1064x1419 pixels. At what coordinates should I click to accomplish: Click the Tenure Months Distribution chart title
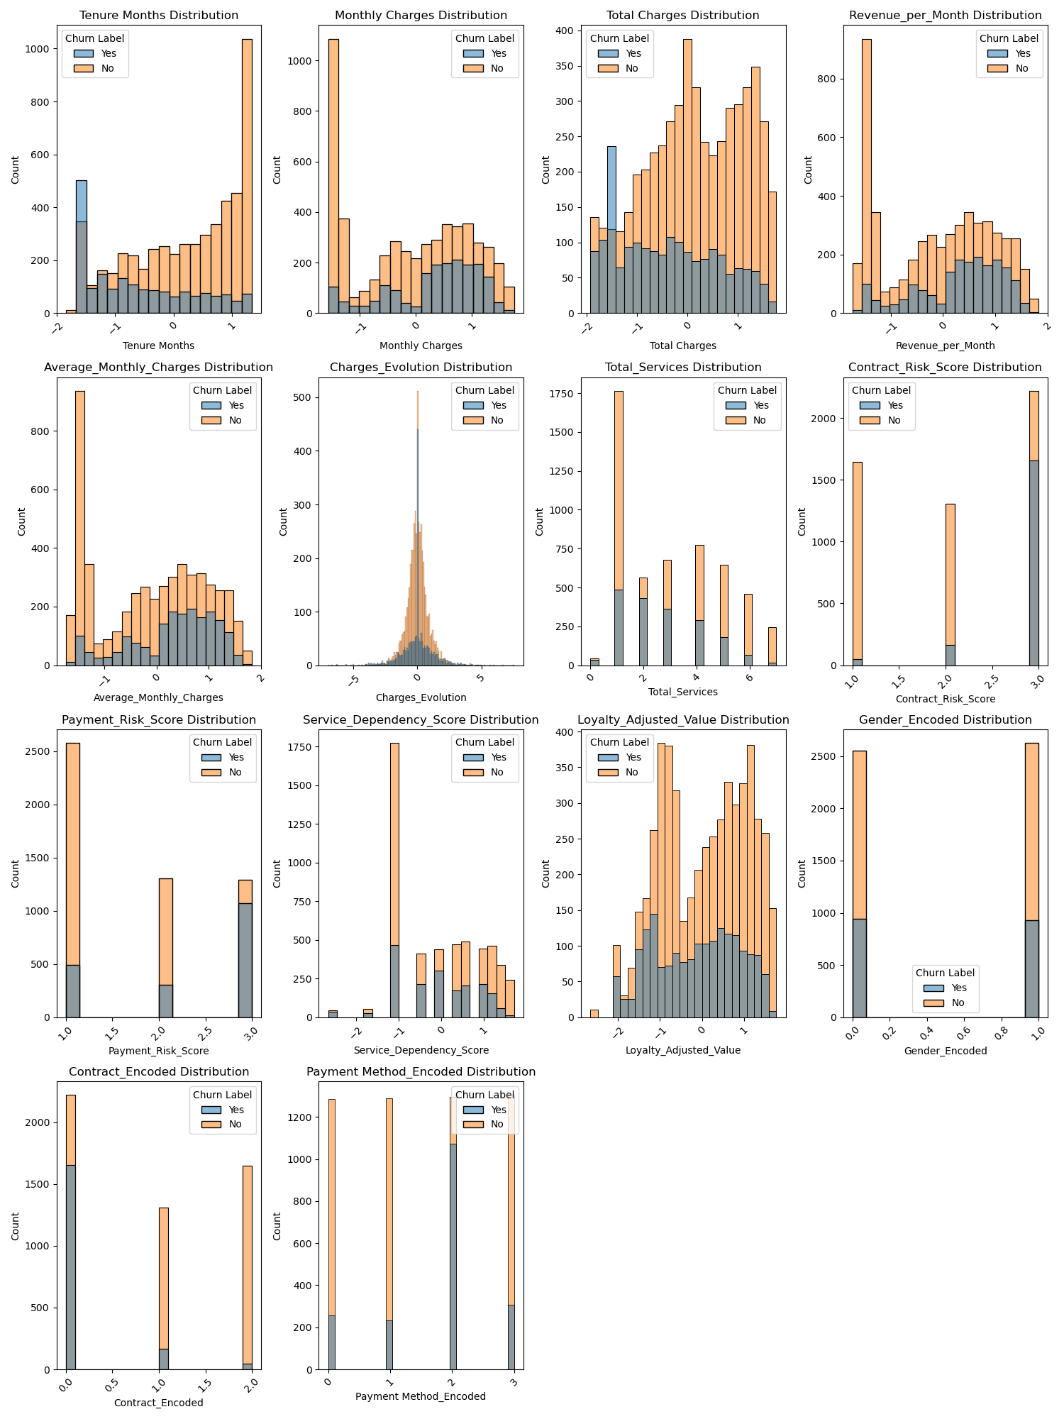tap(159, 15)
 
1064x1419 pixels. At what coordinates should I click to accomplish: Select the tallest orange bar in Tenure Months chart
tap(247, 177)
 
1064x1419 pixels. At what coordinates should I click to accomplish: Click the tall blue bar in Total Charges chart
tap(611, 227)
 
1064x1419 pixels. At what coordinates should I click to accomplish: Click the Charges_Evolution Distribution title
tap(421, 368)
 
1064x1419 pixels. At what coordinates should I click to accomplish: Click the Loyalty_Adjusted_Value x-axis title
tap(682, 1050)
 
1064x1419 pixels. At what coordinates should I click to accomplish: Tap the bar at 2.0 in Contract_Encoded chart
tap(248, 1270)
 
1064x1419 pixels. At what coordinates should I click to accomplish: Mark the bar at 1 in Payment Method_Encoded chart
tap(389, 1235)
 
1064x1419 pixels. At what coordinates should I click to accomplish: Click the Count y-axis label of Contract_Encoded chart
tap(16, 1226)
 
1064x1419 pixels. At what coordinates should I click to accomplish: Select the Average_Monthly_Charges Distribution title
tap(159, 368)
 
